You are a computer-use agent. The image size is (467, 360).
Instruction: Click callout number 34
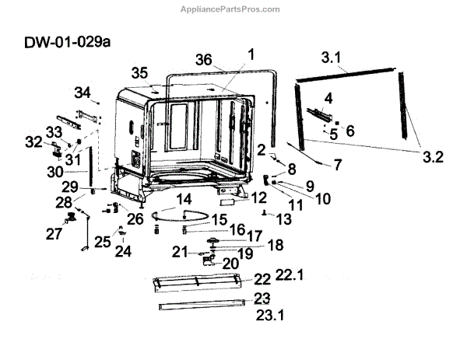pos(83,93)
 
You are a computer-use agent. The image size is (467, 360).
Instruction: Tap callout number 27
pos(54,233)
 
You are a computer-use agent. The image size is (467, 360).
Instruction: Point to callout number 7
pos(338,163)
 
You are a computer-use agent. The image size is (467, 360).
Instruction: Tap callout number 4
pos(328,98)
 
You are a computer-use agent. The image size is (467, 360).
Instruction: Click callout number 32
pos(33,142)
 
